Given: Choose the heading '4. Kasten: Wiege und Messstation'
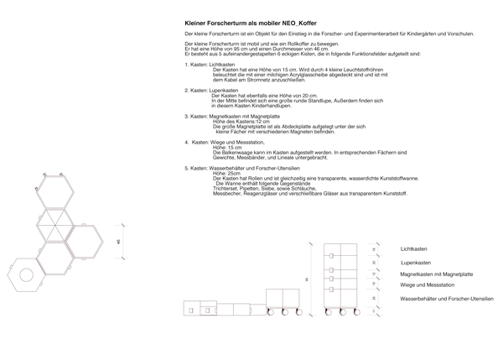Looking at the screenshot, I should point(224,143).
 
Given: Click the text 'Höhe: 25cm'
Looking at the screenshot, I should point(227,174).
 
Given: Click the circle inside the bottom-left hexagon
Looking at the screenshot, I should point(26,273).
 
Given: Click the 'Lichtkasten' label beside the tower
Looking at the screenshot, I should point(416,249).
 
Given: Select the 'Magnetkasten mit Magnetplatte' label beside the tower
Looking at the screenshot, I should point(436,274).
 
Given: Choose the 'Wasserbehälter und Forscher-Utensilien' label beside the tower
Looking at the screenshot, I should point(447,299).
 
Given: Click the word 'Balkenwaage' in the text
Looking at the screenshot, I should point(235,153).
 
